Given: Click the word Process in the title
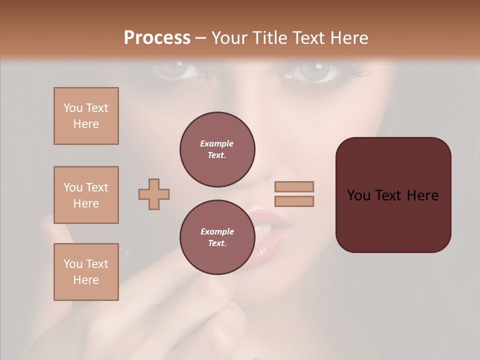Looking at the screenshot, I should pyautogui.click(x=157, y=38).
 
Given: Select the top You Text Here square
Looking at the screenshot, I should pyautogui.click(x=86, y=116).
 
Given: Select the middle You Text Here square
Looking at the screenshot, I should pyautogui.click(x=86, y=195).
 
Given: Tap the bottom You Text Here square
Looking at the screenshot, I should pyautogui.click(x=86, y=272).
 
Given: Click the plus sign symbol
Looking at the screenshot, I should pyautogui.click(x=154, y=194).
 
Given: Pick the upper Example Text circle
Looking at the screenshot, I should pyautogui.click(x=217, y=149).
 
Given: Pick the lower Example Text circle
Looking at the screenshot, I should pyautogui.click(x=217, y=237).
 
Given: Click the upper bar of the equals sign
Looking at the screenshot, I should pyautogui.click(x=294, y=186).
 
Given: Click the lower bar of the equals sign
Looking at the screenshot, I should pyautogui.click(x=294, y=201).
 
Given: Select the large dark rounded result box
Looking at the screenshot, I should pyautogui.click(x=393, y=195).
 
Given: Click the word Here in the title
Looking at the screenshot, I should pyautogui.click(x=348, y=38).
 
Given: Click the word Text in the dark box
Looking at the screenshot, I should pyautogui.click(x=393, y=195).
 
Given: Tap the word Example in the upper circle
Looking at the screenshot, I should pyautogui.click(x=217, y=144).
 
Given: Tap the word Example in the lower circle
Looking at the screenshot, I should pyautogui.click(x=217, y=232).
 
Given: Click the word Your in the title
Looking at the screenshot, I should pyautogui.click(x=228, y=38).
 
